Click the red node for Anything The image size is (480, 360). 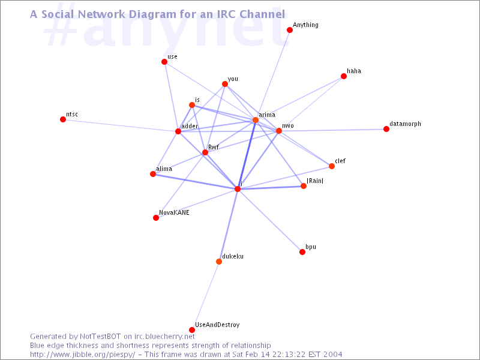click(290, 30)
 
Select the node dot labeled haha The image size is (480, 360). click(344, 76)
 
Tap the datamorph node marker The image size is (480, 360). click(386, 129)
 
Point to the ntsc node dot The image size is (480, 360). click(63, 119)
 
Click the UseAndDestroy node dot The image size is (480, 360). click(192, 330)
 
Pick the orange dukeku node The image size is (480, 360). click(219, 262)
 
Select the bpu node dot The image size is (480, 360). click(302, 252)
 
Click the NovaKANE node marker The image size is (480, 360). click(156, 218)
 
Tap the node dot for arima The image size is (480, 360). click(256, 120)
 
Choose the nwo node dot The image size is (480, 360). click(279, 131)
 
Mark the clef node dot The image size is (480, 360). click(332, 166)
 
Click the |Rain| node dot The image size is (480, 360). click(304, 186)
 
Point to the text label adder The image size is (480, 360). click(189, 126)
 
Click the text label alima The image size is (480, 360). click(164, 169)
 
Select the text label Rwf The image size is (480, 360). click(214, 147)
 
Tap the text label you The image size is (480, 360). click(233, 79)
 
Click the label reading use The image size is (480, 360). click(172, 56)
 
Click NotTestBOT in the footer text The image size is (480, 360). click(107, 337)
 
